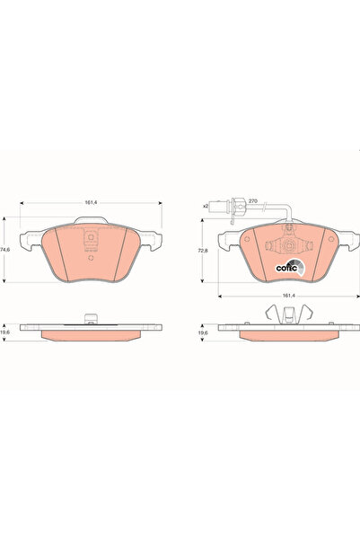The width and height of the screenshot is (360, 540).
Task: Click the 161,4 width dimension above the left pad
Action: [x=91, y=202]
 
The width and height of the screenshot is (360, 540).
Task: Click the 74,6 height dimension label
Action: [x=6, y=248]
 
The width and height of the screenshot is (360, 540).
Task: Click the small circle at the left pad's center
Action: [x=91, y=254]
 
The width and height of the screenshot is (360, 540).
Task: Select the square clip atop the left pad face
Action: [x=91, y=242]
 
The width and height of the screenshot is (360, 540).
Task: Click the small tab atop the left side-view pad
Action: [x=91, y=316]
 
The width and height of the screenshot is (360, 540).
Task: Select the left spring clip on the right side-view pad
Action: [x=271, y=312]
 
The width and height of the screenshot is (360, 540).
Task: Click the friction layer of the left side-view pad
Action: [x=91, y=332]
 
